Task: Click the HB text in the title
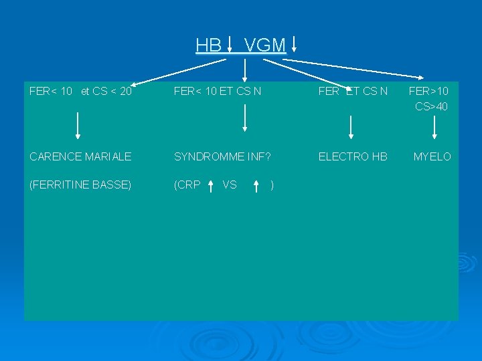pyautogui.click(x=208, y=45)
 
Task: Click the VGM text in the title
pyautogui.click(x=265, y=45)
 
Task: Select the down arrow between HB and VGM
pyautogui.click(x=230, y=44)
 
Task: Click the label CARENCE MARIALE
pyautogui.click(x=80, y=156)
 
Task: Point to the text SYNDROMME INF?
pyautogui.click(x=222, y=156)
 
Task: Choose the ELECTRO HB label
pyautogui.click(x=353, y=156)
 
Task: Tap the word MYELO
pyautogui.click(x=432, y=156)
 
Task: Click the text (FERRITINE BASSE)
pyautogui.click(x=80, y=185)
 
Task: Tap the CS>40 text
pyautogui.click(x=432, y=106)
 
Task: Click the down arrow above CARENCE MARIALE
pyautogui.click(x=78, y=125)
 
